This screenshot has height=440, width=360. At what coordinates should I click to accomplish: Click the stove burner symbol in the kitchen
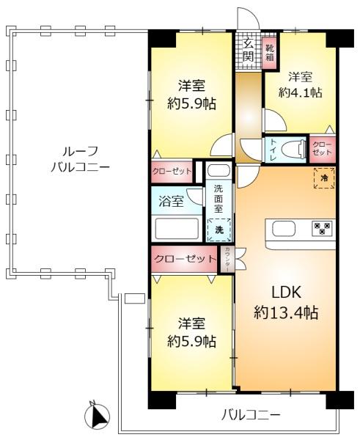[321, 228]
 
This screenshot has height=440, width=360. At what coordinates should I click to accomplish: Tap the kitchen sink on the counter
[284, 229]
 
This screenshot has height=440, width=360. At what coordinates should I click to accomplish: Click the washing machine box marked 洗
[218, 230]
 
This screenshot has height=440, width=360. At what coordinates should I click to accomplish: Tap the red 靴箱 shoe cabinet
[269, 51]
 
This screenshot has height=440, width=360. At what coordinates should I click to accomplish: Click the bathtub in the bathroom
[176, 228]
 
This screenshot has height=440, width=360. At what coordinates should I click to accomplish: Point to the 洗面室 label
[218, 198]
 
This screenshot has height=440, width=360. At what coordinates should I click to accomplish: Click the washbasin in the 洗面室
[218, 171]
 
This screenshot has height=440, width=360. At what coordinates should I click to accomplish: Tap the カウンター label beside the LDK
[227, 258]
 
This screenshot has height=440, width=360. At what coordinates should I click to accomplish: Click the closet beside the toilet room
[321, 149]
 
